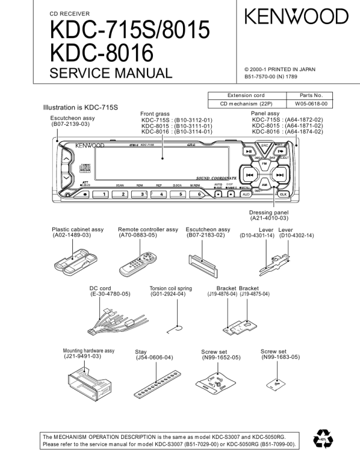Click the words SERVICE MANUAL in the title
[111, 73]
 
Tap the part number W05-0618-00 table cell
[311, 104]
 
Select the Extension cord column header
[246, 95]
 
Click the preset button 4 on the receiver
[161, 194]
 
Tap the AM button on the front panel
[265, 185]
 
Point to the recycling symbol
[323, 439]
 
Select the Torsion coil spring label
[171, 288]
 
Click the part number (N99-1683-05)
[281, 357]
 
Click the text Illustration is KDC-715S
[81, 108]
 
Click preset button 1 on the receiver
[104, 194]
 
